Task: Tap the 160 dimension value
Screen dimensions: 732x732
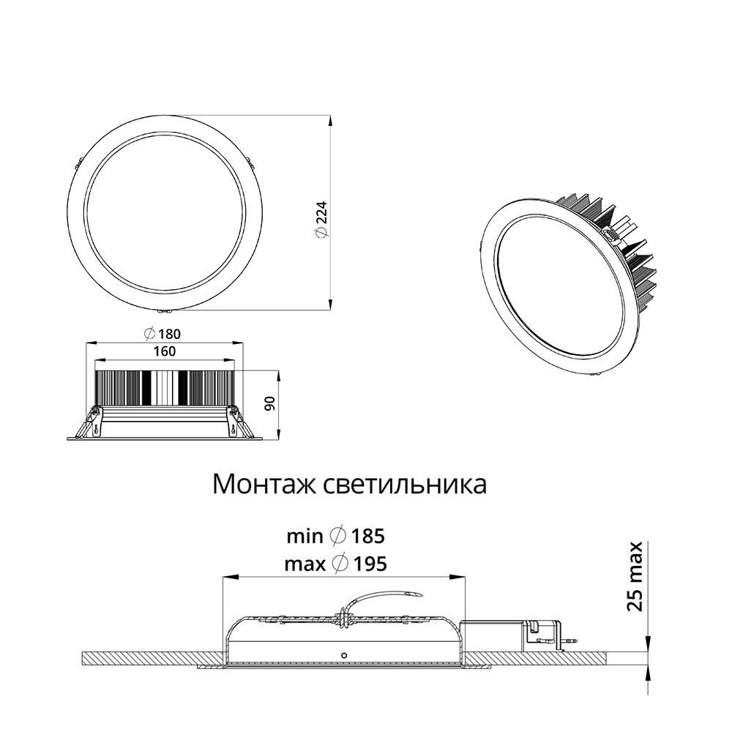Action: tap(164, 351)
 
